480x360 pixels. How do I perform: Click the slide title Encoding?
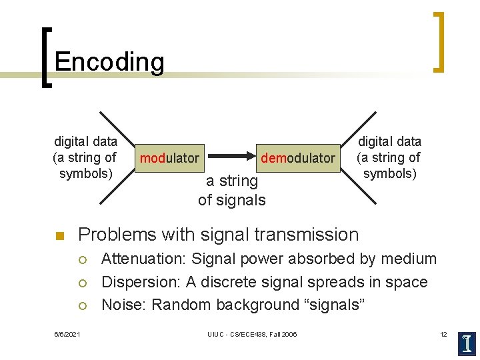[109, 62]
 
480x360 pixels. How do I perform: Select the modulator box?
[169, 158]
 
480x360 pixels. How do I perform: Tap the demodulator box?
[297, 158]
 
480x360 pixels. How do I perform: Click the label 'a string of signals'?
[231, 191]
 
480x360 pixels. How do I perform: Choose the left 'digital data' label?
[85, 141]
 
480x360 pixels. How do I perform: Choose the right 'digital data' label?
[389, 141]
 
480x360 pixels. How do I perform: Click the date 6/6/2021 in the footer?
[67, 334]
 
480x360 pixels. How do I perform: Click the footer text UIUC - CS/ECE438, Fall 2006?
[253, 334]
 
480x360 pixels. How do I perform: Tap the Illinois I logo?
[466, 342]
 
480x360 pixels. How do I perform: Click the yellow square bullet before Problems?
[58, 235]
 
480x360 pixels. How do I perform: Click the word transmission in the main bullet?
[308, 235]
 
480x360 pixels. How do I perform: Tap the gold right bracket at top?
[439, 41]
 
